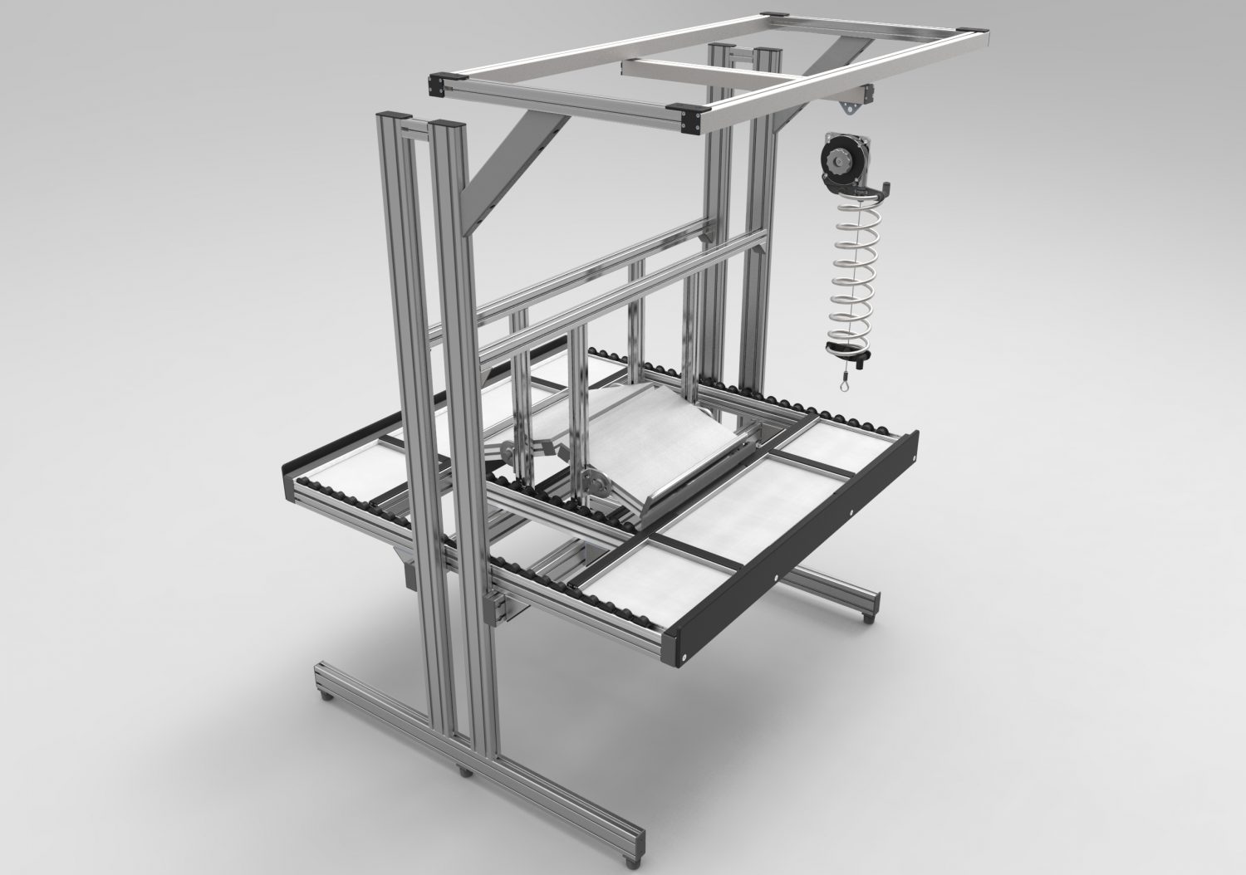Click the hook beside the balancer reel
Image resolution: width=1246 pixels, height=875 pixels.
[882, 186]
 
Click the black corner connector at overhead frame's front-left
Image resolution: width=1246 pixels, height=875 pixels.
[437, 84]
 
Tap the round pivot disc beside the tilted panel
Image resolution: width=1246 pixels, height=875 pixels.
[593, 481]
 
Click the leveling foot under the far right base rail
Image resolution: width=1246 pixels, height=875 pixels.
[870, 617]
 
